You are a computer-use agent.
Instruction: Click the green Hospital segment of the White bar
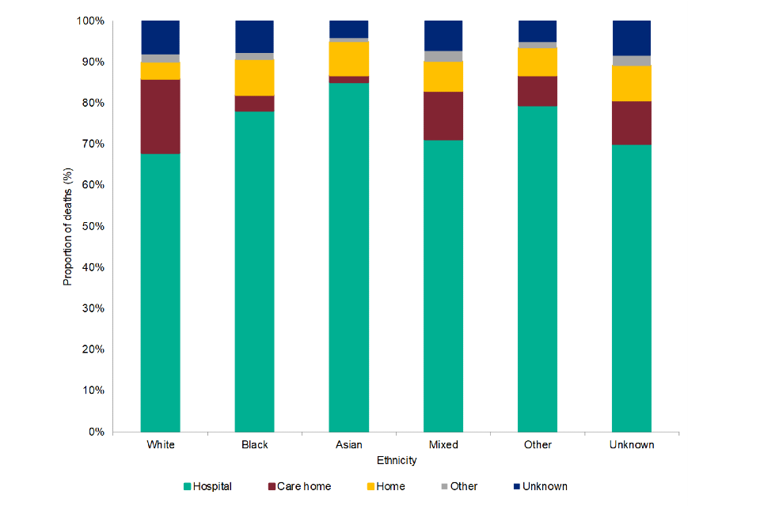point(161,293)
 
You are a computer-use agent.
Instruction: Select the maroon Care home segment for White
point(161,116)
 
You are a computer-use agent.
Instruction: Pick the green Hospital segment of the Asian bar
point(349,257)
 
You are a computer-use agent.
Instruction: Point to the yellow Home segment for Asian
point(349,59)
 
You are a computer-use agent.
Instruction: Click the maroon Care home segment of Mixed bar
point(443,115)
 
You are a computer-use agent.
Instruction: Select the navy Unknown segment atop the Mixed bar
point(443,36)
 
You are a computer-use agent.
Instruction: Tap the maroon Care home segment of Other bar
point(538,91)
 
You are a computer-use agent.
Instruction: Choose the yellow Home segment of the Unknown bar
point(632,84)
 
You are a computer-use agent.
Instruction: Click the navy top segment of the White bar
point(161,37)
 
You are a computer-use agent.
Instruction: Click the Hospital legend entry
point(207,486)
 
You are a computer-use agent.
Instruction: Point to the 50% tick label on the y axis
point(94,226)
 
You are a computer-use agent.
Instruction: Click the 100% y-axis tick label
point(91,21)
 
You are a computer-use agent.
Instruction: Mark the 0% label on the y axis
point(97,432)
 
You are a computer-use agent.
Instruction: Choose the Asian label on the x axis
point(349,444)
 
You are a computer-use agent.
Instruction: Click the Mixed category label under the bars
point(443,444)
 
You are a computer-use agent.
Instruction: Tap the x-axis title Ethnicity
point(397,460)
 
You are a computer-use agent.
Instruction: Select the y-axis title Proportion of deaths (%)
point(68,226)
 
